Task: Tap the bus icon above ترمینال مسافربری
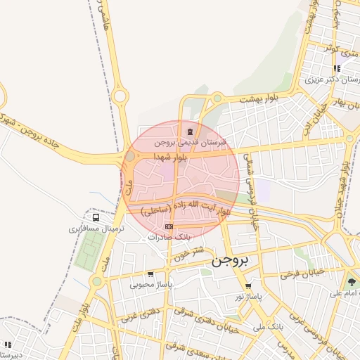coord(96,218)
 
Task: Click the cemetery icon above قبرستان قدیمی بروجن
coord(188,131)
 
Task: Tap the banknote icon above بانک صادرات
coord(169,227)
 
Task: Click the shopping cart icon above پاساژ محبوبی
coord(150,274)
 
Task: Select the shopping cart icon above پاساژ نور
coord(248,286)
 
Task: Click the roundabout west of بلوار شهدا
coord(130,157)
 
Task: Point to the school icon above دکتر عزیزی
coord(337,68)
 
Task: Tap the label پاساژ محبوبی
coord(151,285)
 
